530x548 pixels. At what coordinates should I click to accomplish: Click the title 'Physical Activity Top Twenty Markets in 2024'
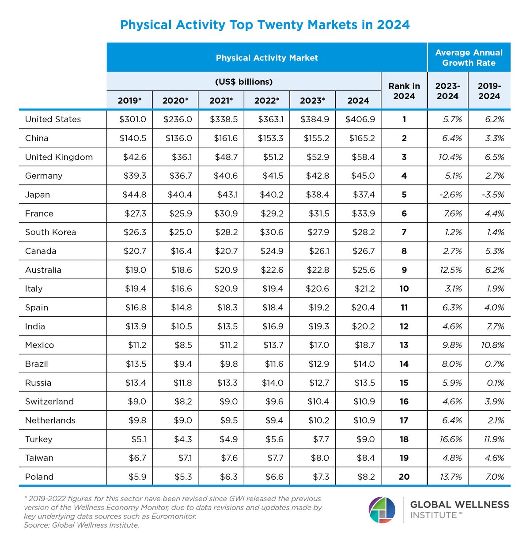(x=265, y=25)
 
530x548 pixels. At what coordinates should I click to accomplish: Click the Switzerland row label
(x=49, y=402)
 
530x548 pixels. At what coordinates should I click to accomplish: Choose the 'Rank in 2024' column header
(x=404, y=91)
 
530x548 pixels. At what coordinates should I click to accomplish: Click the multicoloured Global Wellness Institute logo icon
(x=382, y=510)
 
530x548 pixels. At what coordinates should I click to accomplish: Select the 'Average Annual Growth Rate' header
(x=469, y=58)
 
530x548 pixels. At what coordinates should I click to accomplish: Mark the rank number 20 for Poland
(x=404, y=477)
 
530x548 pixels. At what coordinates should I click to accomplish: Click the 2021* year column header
(x=221, y=101)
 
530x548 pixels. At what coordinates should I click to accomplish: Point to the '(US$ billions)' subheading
(x=244, y=82)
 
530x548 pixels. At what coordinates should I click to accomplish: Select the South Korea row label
(x=50, y=233)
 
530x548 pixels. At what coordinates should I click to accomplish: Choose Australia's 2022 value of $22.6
(x=270, y=270)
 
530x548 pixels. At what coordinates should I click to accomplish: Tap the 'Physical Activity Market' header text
(x=267, y=58)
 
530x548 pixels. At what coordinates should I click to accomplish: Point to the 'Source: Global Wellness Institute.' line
(x=82, y=525)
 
